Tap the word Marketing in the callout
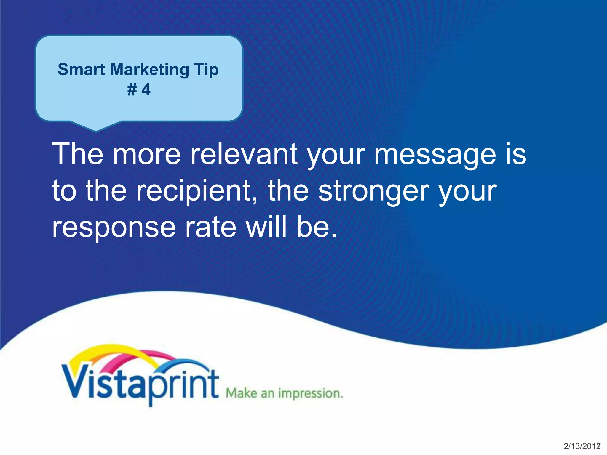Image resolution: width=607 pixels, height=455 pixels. (149, 70)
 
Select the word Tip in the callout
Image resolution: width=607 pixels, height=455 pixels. (206, 70)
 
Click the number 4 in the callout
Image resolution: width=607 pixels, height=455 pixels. (146, 89)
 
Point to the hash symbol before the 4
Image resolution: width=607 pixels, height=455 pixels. (132, 89)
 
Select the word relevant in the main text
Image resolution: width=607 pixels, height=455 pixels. (244, 154)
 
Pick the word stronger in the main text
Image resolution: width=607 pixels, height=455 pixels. (373, 191)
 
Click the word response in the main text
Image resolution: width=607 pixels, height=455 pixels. (114, 227)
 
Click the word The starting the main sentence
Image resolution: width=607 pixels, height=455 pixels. (78, 154)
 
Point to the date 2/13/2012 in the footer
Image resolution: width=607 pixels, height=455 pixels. (582, 446)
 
